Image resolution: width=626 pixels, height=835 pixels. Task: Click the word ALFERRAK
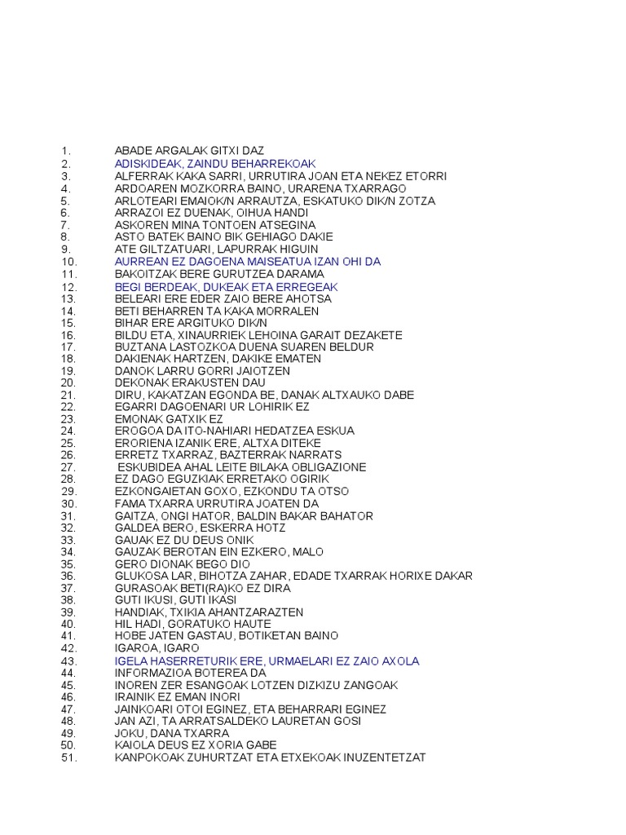(x=142, y=176)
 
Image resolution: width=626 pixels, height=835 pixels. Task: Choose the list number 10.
(x=68, y=262)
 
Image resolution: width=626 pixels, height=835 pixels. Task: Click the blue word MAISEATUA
(x=262, y=262)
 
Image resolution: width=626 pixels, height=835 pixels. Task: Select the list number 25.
(x=68, y=442)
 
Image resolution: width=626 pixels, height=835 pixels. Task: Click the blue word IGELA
(x=129, y=661)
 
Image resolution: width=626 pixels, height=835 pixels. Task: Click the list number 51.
(x=68, y=758)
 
